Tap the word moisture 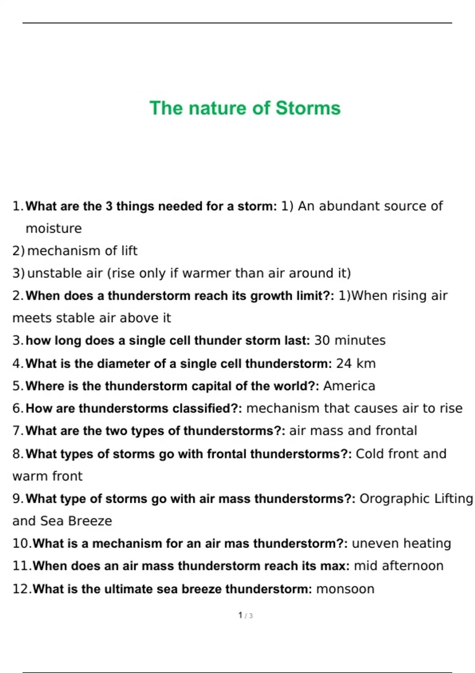(x=53, y=228)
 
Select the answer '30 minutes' (x=350, y=340)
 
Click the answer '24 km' (x=355, y=363)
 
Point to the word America (x=349, y=386)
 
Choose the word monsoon (x=345, y=589)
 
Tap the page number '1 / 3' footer (x=245, y=616)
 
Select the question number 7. (x=18, y=431)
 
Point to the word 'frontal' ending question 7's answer (x=396, y=431)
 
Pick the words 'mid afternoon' (x=398, y=566)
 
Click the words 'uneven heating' (x=401, y=544)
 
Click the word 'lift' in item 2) (x=129, y=251)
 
